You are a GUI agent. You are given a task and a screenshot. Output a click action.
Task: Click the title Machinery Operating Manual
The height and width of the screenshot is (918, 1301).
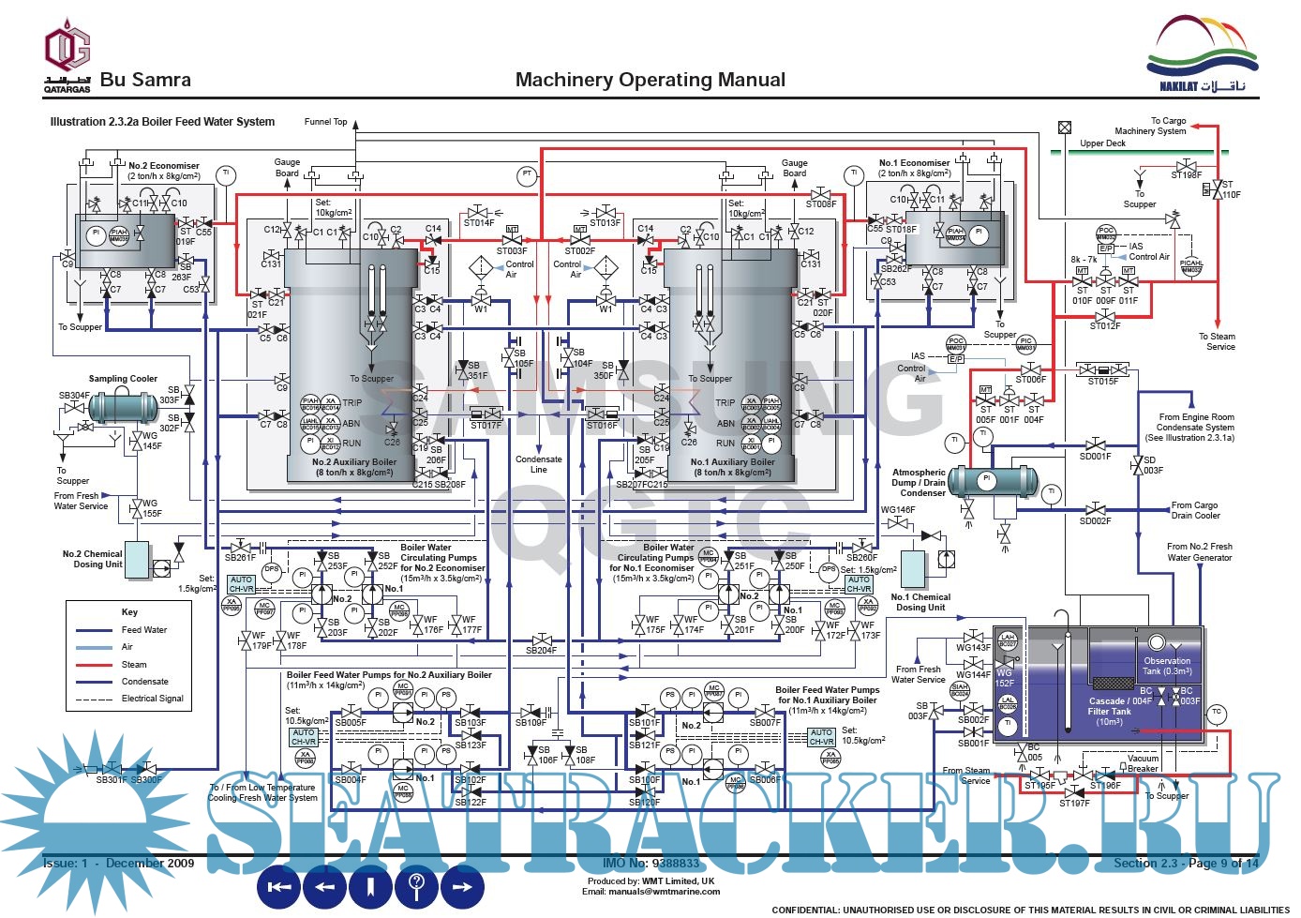pos(650,80)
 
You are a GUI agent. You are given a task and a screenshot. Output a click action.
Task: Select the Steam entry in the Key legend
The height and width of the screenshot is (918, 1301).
pos(134,665)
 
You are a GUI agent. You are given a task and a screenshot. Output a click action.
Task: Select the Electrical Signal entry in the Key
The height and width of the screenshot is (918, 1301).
pos(152,699)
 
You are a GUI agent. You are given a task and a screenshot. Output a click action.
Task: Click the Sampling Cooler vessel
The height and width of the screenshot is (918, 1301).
pos(124,406)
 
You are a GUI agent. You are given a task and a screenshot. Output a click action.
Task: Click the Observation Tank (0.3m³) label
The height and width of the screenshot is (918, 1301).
pos(1167,666)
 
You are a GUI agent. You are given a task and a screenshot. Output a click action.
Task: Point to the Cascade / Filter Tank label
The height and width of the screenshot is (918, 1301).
pos(1110,711)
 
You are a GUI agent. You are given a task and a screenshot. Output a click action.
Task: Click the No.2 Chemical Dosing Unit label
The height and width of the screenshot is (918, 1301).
pos(92,559)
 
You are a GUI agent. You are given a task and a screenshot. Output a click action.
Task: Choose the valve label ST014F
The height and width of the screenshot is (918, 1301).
pos(478,223)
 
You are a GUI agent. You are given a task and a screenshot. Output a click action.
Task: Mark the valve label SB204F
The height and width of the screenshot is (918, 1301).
pos(541,651)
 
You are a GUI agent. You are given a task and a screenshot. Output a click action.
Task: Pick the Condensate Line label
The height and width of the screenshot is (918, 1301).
pos(539,464)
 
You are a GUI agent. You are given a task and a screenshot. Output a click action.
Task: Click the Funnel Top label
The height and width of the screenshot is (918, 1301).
pos(325,122)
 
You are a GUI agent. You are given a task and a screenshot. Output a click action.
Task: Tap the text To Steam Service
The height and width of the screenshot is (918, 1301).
pos(1217,341)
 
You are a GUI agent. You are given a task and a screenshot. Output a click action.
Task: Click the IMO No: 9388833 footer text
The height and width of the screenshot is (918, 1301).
pos(650,863)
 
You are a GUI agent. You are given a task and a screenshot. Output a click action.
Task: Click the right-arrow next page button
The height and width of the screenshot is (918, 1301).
pos(462,886)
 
